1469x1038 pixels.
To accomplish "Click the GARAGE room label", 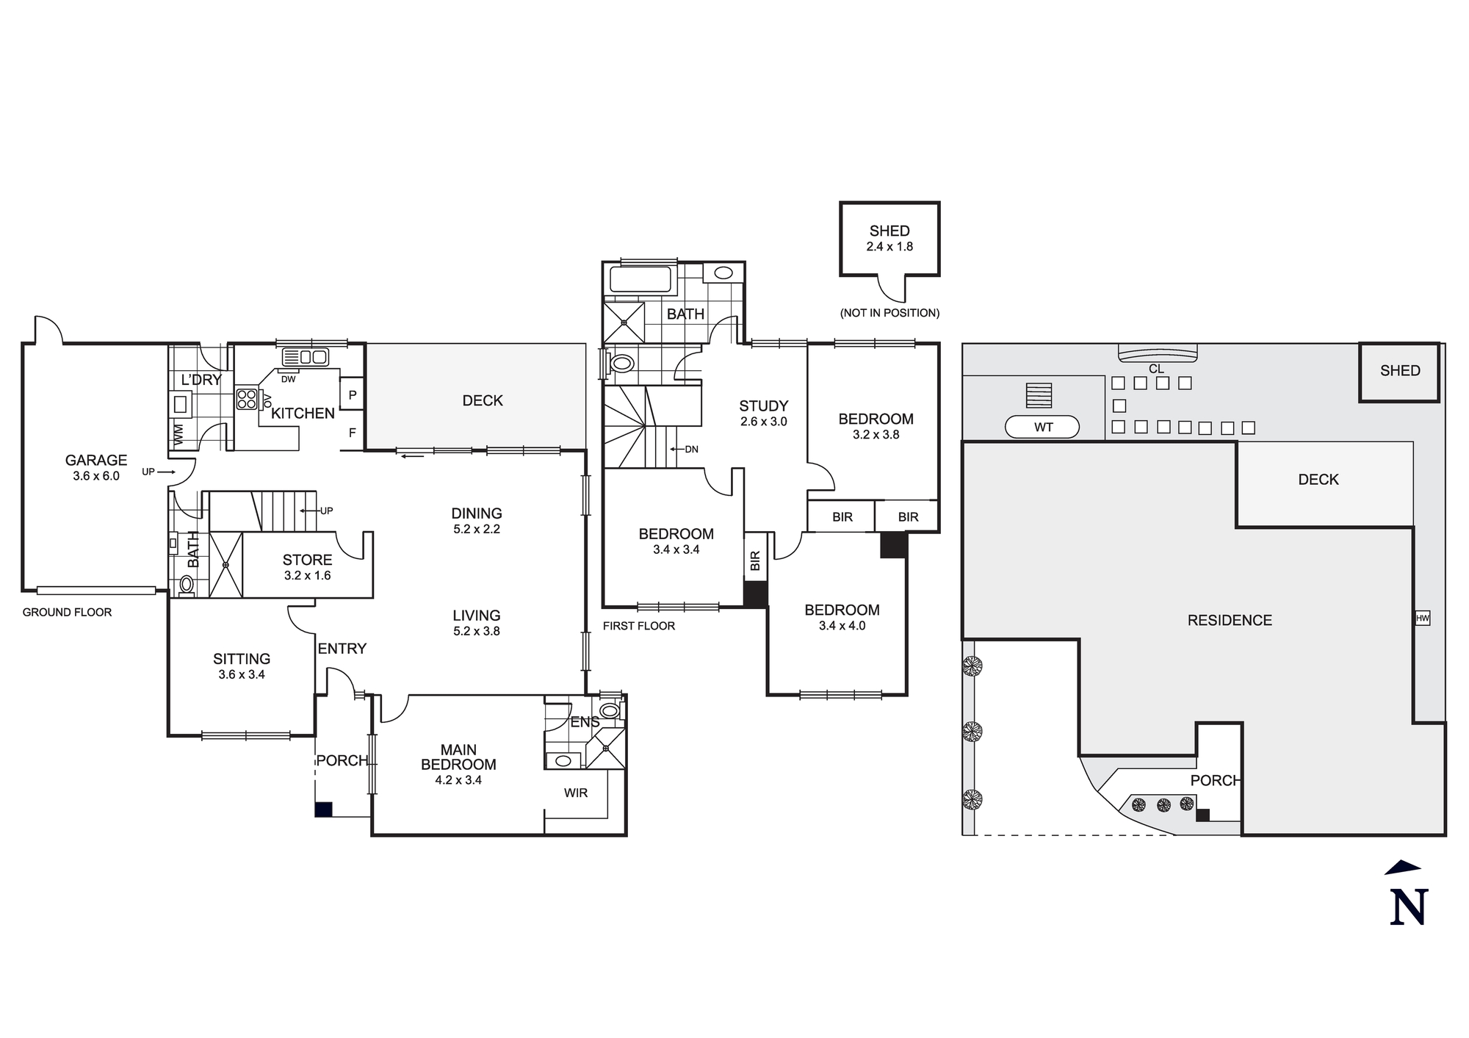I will (95, 461).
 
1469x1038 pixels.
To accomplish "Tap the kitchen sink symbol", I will (306, 357).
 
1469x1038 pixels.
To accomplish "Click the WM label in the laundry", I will (178, 434).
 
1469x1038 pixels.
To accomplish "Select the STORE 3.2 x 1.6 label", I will (307, 567).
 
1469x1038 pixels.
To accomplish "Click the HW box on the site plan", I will (1422, 619).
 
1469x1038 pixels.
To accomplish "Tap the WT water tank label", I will (1042, 427).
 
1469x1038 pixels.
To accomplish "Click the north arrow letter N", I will (1407, 907).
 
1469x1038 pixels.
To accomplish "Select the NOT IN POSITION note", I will (889, 313).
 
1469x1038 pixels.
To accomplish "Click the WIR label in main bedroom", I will (576, 793).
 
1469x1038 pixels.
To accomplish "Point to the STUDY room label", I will (763, 406).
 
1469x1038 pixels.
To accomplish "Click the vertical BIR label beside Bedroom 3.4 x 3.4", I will (755, 561).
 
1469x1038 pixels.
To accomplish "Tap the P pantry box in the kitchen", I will (353, 395).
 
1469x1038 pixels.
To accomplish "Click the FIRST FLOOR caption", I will (638, 626).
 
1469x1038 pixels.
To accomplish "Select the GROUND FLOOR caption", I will (67, 612).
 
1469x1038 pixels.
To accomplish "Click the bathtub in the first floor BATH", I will (640, 280).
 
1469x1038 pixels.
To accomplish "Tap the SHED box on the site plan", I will (1399, 371).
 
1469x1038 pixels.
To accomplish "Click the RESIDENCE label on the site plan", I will (1229, 620).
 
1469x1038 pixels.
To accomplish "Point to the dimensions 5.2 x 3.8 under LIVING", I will (476, 631).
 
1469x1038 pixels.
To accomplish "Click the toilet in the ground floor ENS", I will (609, 710).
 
